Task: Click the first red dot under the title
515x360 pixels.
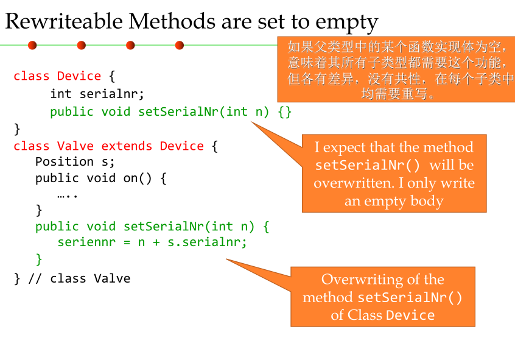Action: tap(32, 45)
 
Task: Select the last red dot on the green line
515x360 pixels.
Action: tap(180, 45)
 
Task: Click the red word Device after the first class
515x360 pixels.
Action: tap(79, 76)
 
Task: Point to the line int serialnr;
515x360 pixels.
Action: tap(97, 94)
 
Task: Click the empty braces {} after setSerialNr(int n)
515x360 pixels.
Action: tap(284, 111)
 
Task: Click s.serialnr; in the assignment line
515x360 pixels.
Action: tap(208, 242)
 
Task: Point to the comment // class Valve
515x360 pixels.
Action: tap(79, 278)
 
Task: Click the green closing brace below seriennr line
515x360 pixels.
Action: tap(39, 258)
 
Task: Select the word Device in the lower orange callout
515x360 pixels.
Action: tap(410, 316)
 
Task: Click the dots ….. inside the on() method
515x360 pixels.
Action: tap(68, 195)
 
